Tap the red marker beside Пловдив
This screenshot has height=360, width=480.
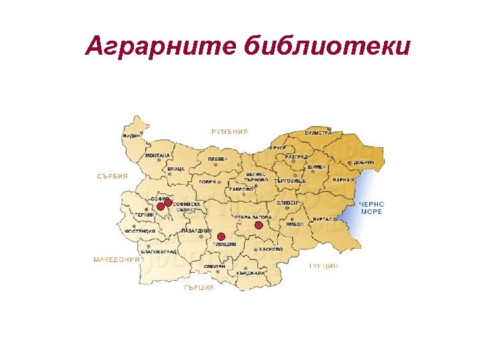221,237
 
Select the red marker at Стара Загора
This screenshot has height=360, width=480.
259,225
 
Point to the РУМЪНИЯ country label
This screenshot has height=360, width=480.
229,132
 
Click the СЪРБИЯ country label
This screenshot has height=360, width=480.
112,177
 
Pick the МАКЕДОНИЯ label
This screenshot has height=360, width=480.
117,259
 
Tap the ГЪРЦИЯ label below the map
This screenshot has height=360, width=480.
199,288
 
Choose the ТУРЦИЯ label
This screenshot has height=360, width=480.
323,265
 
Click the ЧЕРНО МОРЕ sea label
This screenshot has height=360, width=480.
371,207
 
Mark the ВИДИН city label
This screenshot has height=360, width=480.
131,135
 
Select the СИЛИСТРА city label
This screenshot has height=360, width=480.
318,133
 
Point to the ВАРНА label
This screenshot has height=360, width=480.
341,180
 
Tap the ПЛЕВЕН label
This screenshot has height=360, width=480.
217,159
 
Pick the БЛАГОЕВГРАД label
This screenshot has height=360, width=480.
159,252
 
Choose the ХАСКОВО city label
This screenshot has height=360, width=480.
271,249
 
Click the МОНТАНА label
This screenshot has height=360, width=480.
158,155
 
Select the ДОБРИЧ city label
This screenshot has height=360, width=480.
364,162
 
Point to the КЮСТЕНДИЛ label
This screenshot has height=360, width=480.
139,231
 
